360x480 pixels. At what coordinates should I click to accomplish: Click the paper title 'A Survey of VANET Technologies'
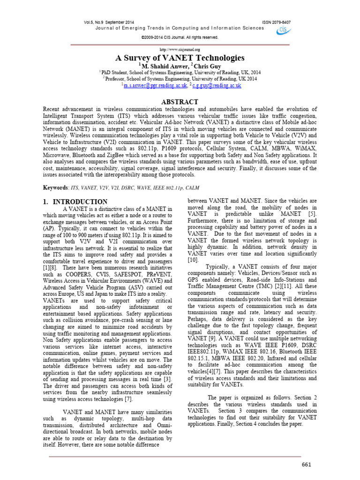180,58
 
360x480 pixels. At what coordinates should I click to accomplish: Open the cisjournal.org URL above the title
180,49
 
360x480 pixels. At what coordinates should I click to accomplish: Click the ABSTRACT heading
180,102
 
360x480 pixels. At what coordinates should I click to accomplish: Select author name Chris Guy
205,67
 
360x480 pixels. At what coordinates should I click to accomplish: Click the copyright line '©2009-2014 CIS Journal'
180,37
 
